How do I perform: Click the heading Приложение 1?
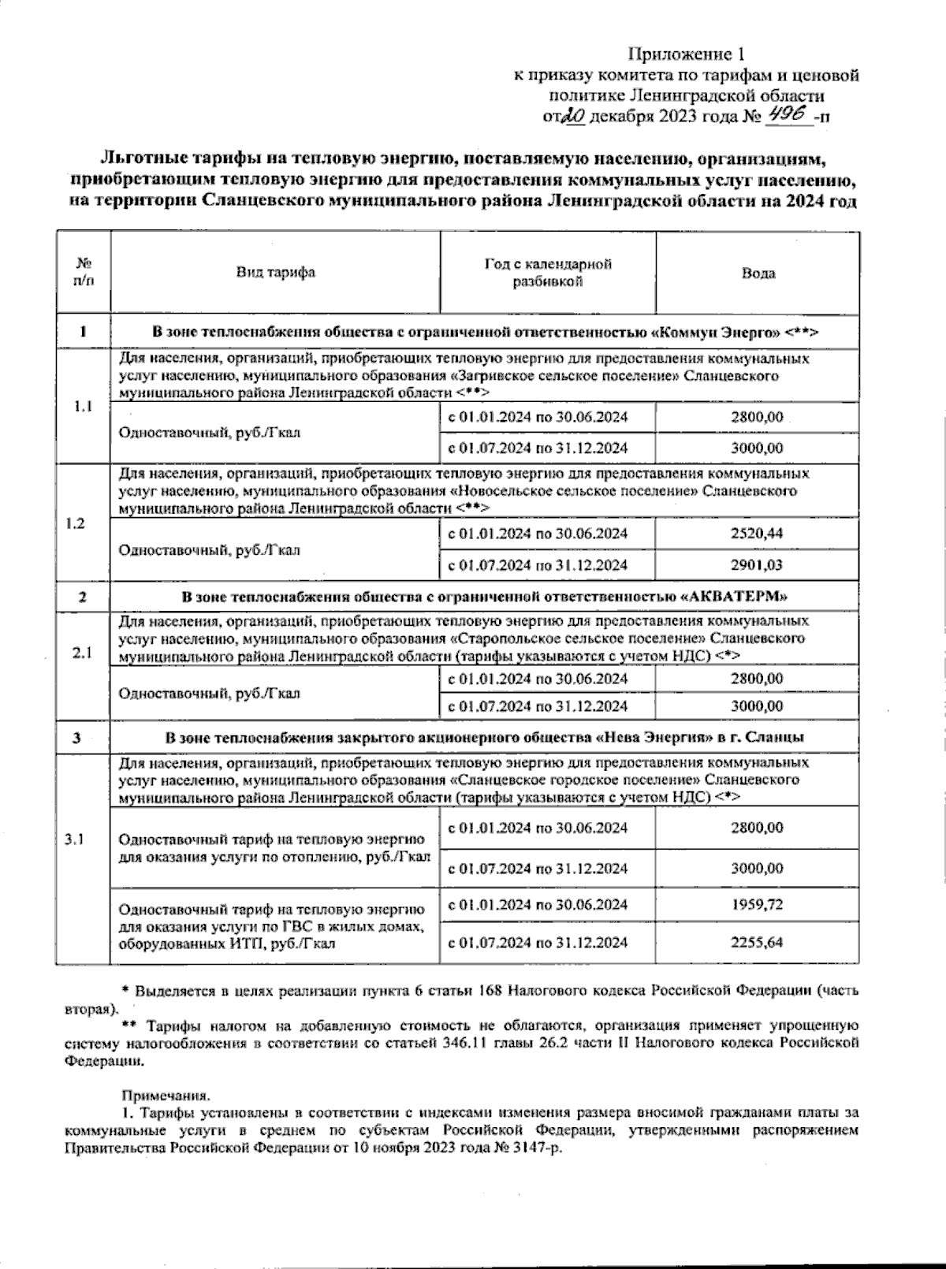pos(686,54)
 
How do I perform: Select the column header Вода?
pos(758,274)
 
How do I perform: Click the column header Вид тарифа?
pos(276,272)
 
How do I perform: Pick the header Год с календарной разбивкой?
pos(548,273)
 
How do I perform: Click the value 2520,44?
pos(757,534)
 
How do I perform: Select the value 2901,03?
pos(757,564)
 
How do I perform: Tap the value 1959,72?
pos(757,904)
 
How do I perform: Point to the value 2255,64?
pos(757,942)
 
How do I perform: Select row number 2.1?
pos(82,653)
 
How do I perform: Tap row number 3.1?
pos(75,839)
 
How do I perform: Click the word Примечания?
pos(166,1096)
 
